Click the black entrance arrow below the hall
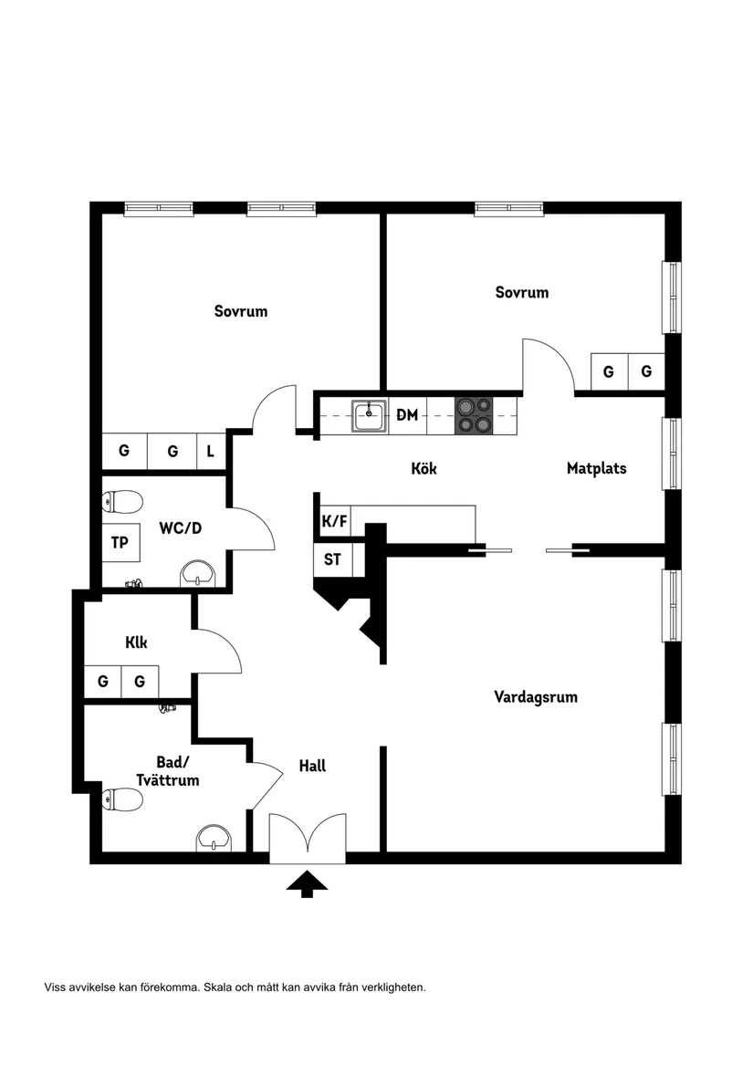pyautogui.click(x=308, y=883)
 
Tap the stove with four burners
pyautogui.click(x=473, y=414)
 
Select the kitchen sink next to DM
pyautogui.click(x=370, y=415)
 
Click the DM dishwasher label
pyautogui.click(x=407, y=415)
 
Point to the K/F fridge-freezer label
pyautogui.click(x=334, y=522)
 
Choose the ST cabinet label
pyautogui.click(x=332, y=559)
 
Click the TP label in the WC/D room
pyautogui.click(x=120, y=543)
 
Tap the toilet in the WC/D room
pyautogui.click(x=123, y=501)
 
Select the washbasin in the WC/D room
pyautogui.click(x=197, y=574)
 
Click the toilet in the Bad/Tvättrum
pyautogui.click(x=123, y=799)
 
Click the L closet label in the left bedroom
pyautogui.click(x=210, y=451)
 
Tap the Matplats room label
pyautogui.click(x=596, y=469)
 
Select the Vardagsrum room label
pyautogui.click(x=536, y=697)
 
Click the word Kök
pyautogui.click(x=424, y=469)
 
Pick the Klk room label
pyautogui.click(x=136, y=642)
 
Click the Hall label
pyautogui.click(x=312, y=766)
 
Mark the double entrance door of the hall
pyautogui.click(x=308, y=838)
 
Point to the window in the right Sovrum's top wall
pyautogui.click(x=509, y=209)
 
